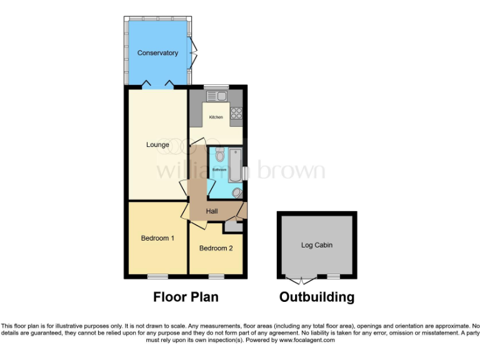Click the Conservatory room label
(157, 53)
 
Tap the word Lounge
(157, 145)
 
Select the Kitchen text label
(216, 117)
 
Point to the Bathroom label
(219, 170)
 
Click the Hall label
(212, 212)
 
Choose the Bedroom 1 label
(157, 238)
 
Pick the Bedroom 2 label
(216, 248)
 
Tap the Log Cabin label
(317, 245)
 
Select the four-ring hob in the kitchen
(236, 113)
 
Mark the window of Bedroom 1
(157, 276)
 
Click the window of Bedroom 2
(216, 276)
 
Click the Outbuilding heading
(317, 297)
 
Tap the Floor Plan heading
(186, 297)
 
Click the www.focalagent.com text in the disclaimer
(307, 341)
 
